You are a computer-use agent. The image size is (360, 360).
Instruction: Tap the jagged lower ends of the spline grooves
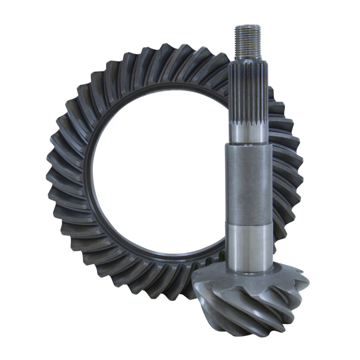coord(249,123)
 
